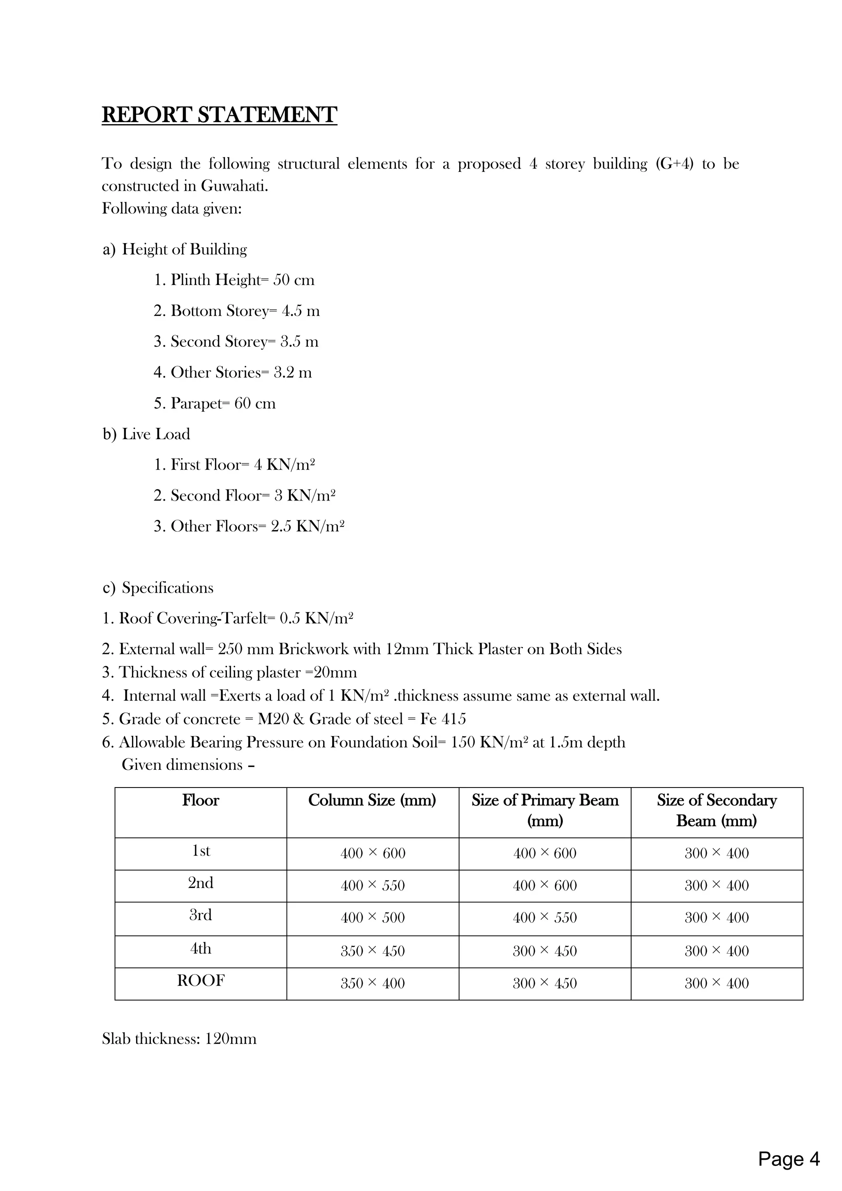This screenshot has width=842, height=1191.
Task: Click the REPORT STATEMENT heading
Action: coord(219,115)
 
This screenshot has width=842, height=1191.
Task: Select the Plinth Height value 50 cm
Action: coord(294,280)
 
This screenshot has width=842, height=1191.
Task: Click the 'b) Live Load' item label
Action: coord(146,434)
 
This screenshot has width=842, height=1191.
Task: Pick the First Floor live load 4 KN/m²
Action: coord(284,465)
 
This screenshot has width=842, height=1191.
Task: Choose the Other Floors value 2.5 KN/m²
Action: coord(308,526)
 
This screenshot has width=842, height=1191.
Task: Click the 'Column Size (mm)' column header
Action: coord(372,800)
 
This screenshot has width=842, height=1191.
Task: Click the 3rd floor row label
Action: coord(201,915)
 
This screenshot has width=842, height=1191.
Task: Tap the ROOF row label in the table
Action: coord(201,980)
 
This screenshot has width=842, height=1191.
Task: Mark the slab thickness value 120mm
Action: coord(231,1039)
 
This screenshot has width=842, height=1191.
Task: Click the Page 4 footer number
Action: coord(789,1159)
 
